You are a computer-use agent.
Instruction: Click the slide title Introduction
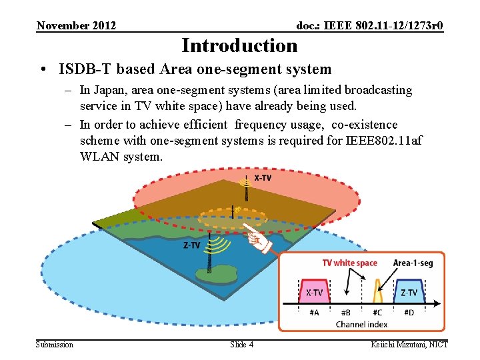(239, 45)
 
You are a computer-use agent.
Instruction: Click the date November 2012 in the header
(76, 26)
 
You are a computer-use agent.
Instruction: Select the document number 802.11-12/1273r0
(401, 26)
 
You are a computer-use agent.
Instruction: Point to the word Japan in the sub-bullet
(112, 90)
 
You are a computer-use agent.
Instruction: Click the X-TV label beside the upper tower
(263, 179)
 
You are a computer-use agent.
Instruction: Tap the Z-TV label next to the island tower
(191, 245)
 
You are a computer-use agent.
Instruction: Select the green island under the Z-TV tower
(207, 274)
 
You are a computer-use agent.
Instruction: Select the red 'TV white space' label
(349, 263)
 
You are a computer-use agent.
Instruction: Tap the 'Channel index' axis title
(361, 324)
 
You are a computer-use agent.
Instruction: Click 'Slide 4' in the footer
(241, 345)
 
